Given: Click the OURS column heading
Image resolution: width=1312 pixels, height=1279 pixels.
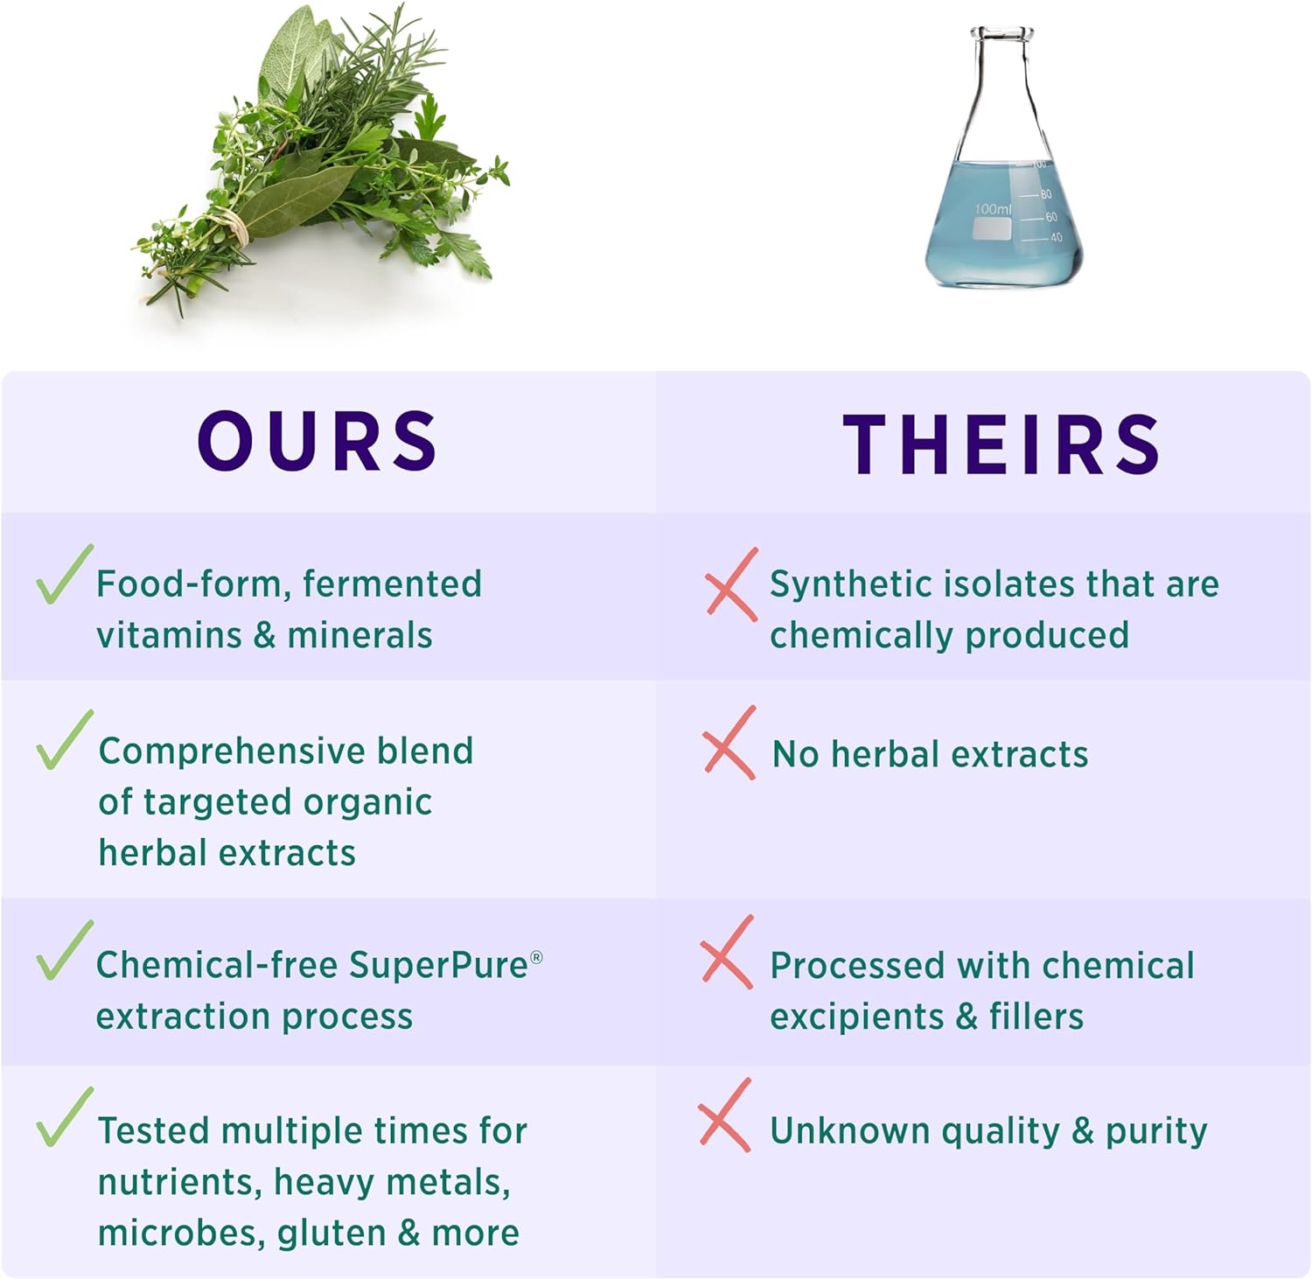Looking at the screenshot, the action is coord(317,442).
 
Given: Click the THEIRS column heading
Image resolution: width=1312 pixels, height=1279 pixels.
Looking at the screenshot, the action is coord(1001,444).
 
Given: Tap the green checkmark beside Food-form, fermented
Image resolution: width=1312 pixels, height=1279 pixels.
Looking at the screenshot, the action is coord(63,575).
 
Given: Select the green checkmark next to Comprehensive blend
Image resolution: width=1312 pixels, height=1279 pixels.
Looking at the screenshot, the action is coord(63,740).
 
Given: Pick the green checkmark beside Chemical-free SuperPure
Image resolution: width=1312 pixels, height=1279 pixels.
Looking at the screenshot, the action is coord(63,950).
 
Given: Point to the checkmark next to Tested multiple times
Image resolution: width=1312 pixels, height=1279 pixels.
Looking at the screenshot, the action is coord(63,1117).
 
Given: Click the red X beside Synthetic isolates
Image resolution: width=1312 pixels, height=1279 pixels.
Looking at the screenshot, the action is coord(731,584).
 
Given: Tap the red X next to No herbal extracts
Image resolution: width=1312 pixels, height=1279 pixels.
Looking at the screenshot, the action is coord(729,743).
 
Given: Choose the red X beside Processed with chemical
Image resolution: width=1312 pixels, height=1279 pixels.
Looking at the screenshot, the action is coord(727,953).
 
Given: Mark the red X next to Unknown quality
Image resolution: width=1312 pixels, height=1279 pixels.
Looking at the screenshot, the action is coord(725,1115).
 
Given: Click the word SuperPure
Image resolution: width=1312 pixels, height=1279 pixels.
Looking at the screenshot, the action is coord(439,966).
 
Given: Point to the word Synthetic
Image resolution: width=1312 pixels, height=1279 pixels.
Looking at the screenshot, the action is coord(845,585).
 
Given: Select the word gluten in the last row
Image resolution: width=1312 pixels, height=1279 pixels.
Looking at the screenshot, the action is coord(331,1234).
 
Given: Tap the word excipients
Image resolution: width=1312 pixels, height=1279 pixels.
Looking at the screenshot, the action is coord(856,1017).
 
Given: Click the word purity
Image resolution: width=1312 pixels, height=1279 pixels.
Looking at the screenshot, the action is coord(1156,1132).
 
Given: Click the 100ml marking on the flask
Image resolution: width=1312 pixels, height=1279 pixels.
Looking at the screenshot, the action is coord(992,210).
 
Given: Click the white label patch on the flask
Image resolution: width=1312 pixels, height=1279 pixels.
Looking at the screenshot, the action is coord(992,229).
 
